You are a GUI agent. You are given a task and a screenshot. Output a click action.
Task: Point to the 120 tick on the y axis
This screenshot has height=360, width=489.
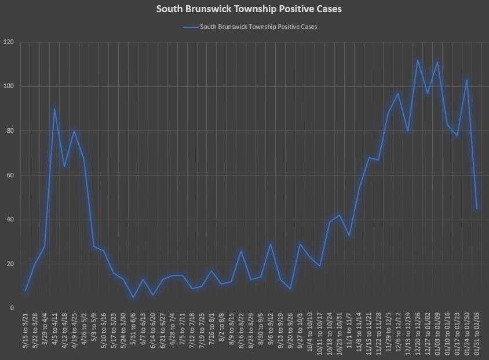pos(9,42)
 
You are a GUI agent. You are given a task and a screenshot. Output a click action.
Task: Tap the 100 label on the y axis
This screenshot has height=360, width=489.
pos(9,86)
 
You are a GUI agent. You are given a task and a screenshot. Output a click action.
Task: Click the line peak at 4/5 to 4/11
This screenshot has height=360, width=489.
pos(54,108)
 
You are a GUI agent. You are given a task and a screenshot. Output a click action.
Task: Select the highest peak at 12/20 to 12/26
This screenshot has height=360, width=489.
pos(418,60)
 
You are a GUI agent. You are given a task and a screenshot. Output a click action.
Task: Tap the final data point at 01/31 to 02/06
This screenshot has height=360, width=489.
pos(477,209)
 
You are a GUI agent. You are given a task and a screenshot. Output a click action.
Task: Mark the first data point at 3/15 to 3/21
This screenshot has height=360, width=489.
pos(25,290)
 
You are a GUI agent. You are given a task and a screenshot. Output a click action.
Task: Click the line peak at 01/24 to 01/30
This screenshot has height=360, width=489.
pos(467,80)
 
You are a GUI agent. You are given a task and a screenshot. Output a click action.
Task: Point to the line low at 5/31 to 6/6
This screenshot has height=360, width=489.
pos(133,297)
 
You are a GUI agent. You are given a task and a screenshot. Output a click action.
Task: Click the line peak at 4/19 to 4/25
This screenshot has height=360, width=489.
pos(74,131)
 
